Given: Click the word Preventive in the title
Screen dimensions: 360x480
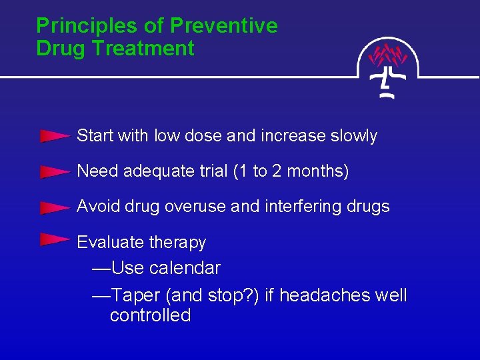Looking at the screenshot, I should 224,26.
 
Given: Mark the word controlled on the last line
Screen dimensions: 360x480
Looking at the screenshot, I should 150,315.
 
